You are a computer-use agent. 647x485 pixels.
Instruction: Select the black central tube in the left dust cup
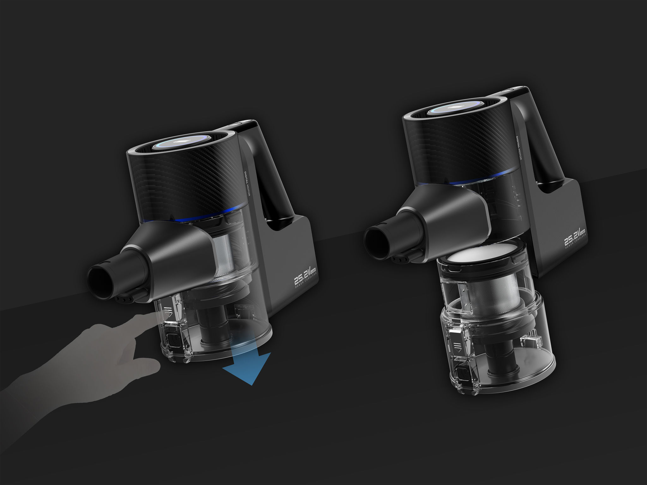pos(212,328)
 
